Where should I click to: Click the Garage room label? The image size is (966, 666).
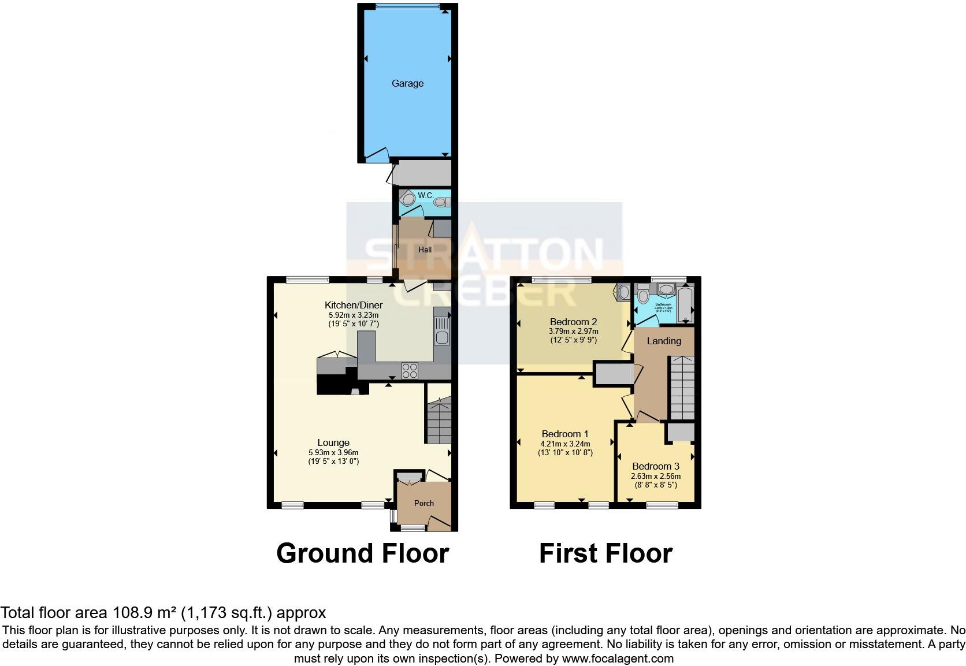click(407, 83)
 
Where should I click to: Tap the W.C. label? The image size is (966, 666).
click(425, 195)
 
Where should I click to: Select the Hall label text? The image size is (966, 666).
click(425, 250)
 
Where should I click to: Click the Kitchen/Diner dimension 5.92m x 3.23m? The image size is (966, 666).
click(353, 315)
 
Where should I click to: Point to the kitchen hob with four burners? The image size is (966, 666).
click(410, 370)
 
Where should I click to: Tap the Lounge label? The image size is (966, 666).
click(333, 443)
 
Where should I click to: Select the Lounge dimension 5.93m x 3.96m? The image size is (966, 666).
click(333, 452)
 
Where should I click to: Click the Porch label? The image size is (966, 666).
click(423, 503)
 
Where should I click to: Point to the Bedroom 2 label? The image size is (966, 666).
click(573, 322)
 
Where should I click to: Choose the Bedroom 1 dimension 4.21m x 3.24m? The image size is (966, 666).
click(565, 444)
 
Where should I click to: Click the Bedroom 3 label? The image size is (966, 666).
click(655, 466)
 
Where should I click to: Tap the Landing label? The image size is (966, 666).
click(663, 341)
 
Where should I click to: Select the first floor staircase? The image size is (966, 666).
click(682, 388)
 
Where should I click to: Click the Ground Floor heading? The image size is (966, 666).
click(362, 553)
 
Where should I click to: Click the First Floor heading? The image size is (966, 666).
click(605, 553)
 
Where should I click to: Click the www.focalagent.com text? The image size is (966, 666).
click(617, 658)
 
